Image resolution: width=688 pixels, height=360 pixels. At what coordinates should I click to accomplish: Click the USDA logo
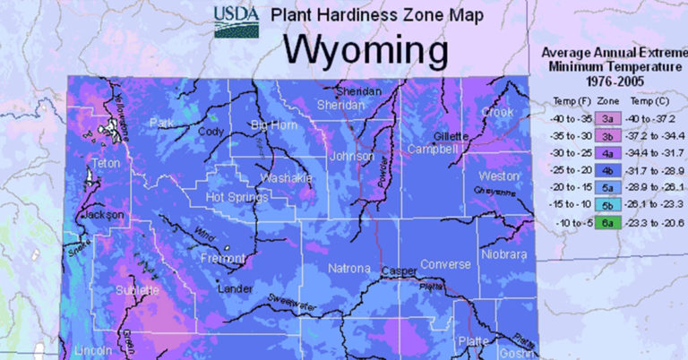[235, 21]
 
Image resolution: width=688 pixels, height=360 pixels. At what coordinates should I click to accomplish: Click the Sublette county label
[136, 291]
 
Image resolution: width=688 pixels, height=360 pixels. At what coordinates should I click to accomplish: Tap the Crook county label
[497, 113]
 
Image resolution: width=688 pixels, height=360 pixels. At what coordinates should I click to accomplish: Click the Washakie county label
[287, 178]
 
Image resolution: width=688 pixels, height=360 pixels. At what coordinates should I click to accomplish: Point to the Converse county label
[445, 264]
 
